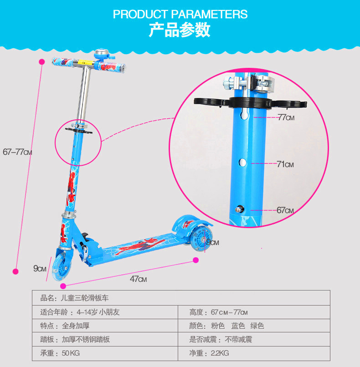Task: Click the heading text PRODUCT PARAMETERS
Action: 180,14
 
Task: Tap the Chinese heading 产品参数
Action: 180,31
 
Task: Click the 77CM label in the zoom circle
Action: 286,117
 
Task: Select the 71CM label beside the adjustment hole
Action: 285,164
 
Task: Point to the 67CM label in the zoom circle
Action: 285,210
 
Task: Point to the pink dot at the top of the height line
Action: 41,61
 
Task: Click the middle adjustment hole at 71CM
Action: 243,163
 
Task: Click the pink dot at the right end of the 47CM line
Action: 196,260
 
